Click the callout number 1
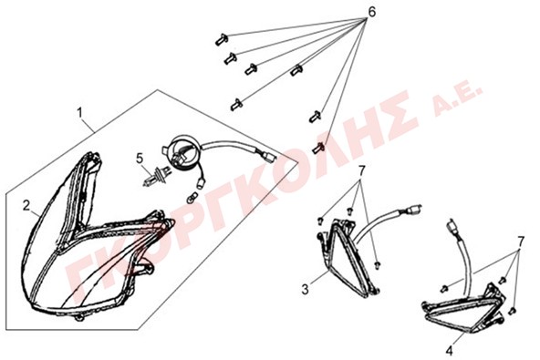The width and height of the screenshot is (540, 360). pyautogui.click(x=79, y=112)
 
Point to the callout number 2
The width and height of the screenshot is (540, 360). pyautogui.click(x=26, y=206)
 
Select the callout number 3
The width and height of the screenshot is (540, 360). pyautogui.click(x=306, y=289)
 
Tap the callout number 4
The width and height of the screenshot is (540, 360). pyautogui.click(x=449, y=351)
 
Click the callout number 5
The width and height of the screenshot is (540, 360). pyautogui.click(x=140, y=159)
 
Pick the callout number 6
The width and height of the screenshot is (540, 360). pyautogui.click(x=371, y=12)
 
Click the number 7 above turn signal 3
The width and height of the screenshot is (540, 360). pyautogui.click(x=361, y=170)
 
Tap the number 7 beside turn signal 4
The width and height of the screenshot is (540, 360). pyautogui.click(x=521, y=241)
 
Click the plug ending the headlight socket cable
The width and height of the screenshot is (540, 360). pyautogui.click(x=269, y=157)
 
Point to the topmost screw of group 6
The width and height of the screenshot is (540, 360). pyautogui.click(x=221, y=39)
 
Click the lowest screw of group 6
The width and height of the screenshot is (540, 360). pyautogui.click(x=318, y=148)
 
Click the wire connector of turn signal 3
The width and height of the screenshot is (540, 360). pyautogui.click(x=414, y=210)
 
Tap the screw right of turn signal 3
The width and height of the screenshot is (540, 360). pyautogui.click(x=379, y=264)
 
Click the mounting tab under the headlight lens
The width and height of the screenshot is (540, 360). pyautogui.click(x=79, y=318)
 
